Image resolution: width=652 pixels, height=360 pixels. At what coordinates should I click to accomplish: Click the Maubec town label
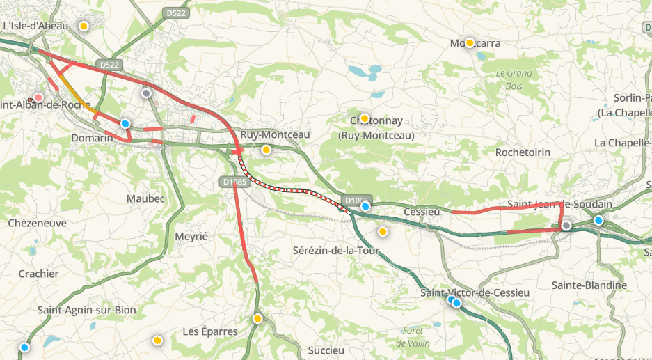(145, 198)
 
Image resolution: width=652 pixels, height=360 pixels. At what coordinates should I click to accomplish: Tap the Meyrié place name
(191, 236)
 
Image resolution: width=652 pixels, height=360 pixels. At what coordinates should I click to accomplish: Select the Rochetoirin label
(523, 152)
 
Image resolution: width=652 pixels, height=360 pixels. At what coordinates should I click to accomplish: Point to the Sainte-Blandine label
(589, 285)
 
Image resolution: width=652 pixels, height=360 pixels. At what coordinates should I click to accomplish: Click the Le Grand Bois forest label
(514, 79)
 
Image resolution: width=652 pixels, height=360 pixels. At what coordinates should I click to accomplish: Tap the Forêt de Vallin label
(413, 337)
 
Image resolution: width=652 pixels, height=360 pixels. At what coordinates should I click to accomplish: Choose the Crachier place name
(38, 274)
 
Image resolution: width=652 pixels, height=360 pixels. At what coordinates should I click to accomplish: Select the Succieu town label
(326, 350)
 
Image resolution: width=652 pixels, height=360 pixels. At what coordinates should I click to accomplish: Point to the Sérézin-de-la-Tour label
(337, 251)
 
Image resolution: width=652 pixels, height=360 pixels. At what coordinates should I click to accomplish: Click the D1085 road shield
(233, 182)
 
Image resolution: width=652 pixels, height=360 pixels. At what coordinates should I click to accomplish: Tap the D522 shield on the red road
(109, 65)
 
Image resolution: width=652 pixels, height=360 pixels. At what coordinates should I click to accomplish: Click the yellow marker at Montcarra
(470, 42)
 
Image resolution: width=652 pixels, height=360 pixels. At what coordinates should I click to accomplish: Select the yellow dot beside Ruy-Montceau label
(266, 149)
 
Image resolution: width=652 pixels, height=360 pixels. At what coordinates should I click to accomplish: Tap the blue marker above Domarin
(125, 123)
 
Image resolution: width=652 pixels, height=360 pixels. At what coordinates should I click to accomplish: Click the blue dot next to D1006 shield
(365, 206)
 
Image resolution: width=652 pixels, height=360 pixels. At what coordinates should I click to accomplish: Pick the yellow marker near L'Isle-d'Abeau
(84, 26)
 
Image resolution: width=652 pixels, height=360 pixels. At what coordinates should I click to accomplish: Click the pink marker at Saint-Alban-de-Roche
(38, 97)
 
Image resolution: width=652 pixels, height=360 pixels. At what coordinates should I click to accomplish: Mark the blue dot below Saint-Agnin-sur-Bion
(24, 347)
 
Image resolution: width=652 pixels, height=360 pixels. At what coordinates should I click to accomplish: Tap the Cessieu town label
(422, 212)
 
